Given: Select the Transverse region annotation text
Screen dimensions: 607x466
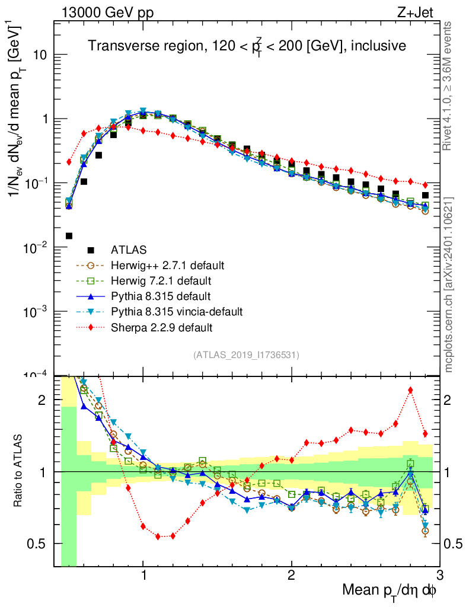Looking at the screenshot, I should (247, 46).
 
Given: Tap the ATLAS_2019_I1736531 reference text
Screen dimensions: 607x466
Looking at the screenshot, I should (246, 355).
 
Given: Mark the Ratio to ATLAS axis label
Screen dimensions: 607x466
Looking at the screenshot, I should (19, 471).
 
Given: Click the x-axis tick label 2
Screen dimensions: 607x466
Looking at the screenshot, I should (291, 576).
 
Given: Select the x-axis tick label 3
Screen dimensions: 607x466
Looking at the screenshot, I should (439, 576).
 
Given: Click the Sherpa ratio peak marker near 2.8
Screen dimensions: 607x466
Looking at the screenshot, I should (410, 390).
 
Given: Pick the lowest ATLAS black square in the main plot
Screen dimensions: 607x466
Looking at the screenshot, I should (69, 236).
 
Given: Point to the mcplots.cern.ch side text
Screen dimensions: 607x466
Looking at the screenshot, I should (449, 285).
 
